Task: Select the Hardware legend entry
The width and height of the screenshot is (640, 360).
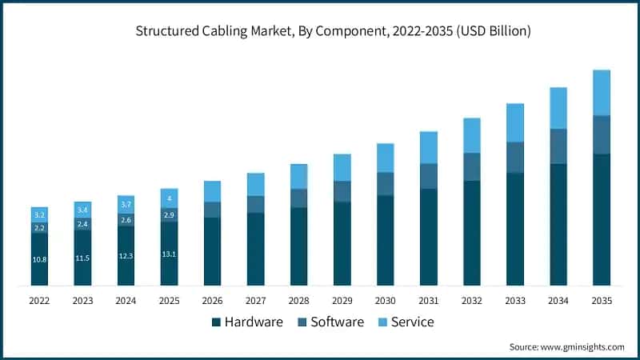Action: pos(248,322)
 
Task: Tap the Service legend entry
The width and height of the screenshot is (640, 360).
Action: pos(406,322)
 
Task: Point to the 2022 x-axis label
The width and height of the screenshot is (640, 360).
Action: pos(39,301)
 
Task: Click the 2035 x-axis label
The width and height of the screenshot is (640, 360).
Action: pos(601,301)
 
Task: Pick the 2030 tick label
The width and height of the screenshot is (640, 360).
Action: pos(385,301)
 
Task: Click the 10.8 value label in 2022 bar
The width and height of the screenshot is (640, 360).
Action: pos(39,260)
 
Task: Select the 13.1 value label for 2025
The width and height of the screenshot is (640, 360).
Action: pos(169,254)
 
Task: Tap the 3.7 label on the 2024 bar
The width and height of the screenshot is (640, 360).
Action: pos(126,206)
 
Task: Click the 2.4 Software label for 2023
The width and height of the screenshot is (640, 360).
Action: pos(82,224)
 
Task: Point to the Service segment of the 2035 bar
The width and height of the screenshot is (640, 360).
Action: pos(601,92)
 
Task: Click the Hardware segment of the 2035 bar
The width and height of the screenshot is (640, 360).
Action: pos(601,220)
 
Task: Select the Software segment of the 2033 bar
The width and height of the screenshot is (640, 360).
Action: pos(514,158)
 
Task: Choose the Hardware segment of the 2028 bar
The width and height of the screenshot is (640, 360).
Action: pos(298,246)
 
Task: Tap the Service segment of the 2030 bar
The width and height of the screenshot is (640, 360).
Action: pos(385,158)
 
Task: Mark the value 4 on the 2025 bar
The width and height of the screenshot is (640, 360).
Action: pos(169,198)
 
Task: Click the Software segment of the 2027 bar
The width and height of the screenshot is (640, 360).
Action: pos(255,205)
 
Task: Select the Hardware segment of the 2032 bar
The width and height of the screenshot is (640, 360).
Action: pos(471,233)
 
